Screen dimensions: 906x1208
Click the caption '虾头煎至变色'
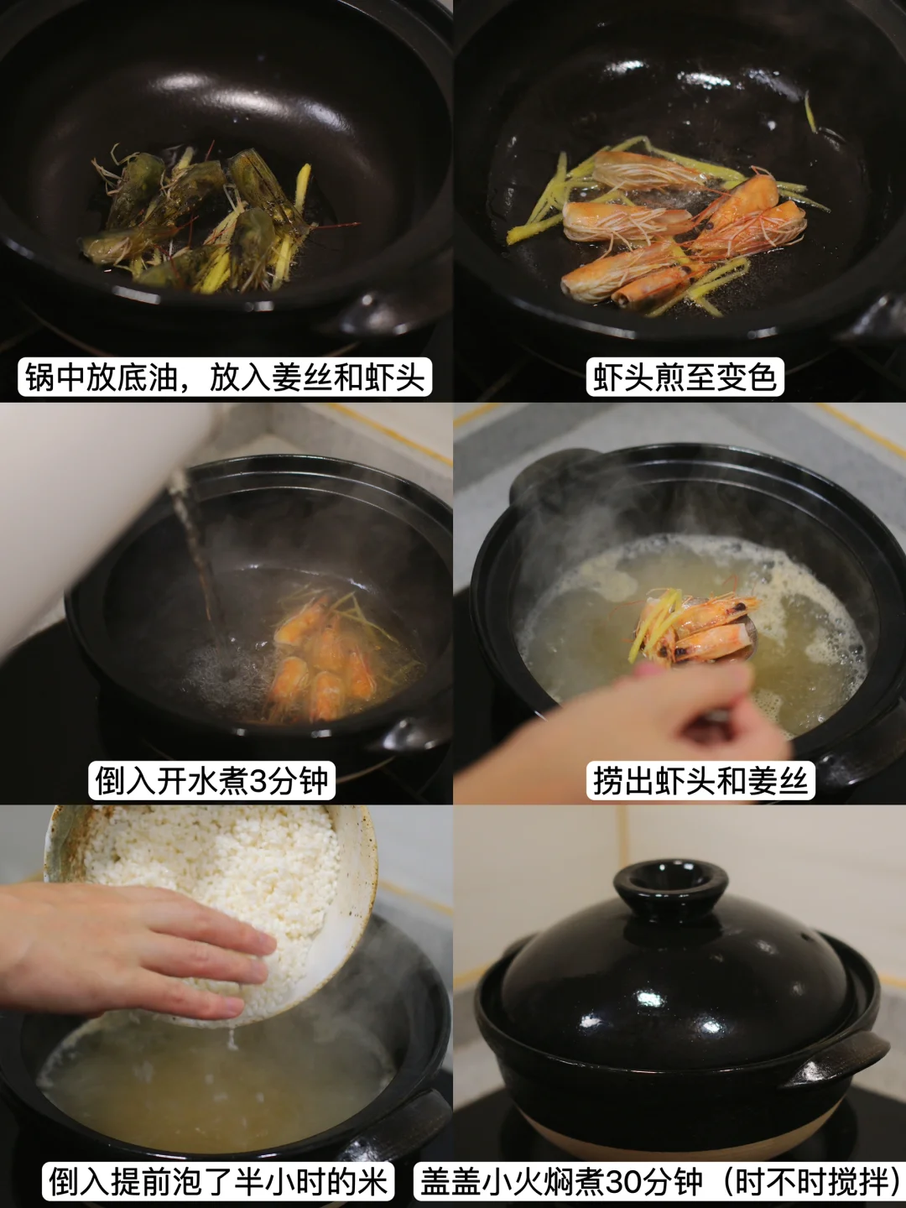click(x=685, y=377)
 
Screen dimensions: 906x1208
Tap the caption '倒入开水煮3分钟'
click(x=211, y=779)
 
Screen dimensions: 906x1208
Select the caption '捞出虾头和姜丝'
click(x=700, y=779)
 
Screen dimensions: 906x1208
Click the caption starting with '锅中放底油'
click(x=225, y=377)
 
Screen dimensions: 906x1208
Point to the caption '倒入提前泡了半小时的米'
click(x=218, y=1181)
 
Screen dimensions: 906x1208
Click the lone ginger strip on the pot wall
click(x=810, y=112)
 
